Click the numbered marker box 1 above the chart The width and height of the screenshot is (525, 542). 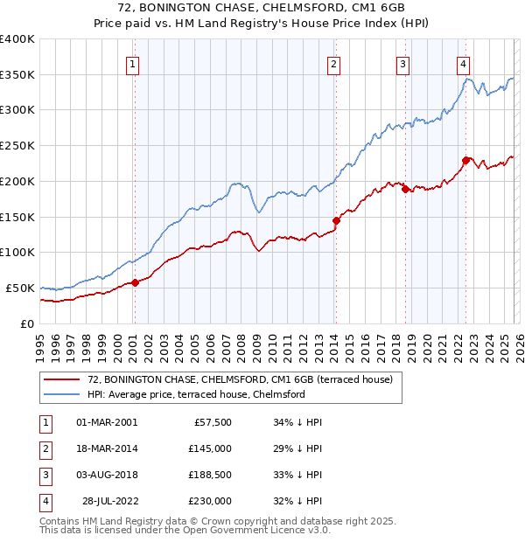coord(133,63)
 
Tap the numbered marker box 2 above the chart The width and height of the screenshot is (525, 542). coord(334,63)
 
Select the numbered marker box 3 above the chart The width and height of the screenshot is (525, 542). coord(402,63)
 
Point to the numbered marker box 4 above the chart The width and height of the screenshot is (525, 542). coord(463,63)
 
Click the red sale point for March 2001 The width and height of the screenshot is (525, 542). coord(135,282)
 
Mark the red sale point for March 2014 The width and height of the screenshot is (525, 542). coord(336,220)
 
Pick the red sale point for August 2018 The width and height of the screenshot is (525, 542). coord(405,189)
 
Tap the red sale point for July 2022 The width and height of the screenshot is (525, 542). coord(466,159)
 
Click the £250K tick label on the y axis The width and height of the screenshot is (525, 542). coord(17,146)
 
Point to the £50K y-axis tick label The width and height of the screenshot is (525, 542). coord(21,288)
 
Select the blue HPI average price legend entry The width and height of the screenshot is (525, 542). coord(196,394)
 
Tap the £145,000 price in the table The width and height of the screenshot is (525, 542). coord(209,448)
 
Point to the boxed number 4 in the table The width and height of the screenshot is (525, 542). coord(44,501)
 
